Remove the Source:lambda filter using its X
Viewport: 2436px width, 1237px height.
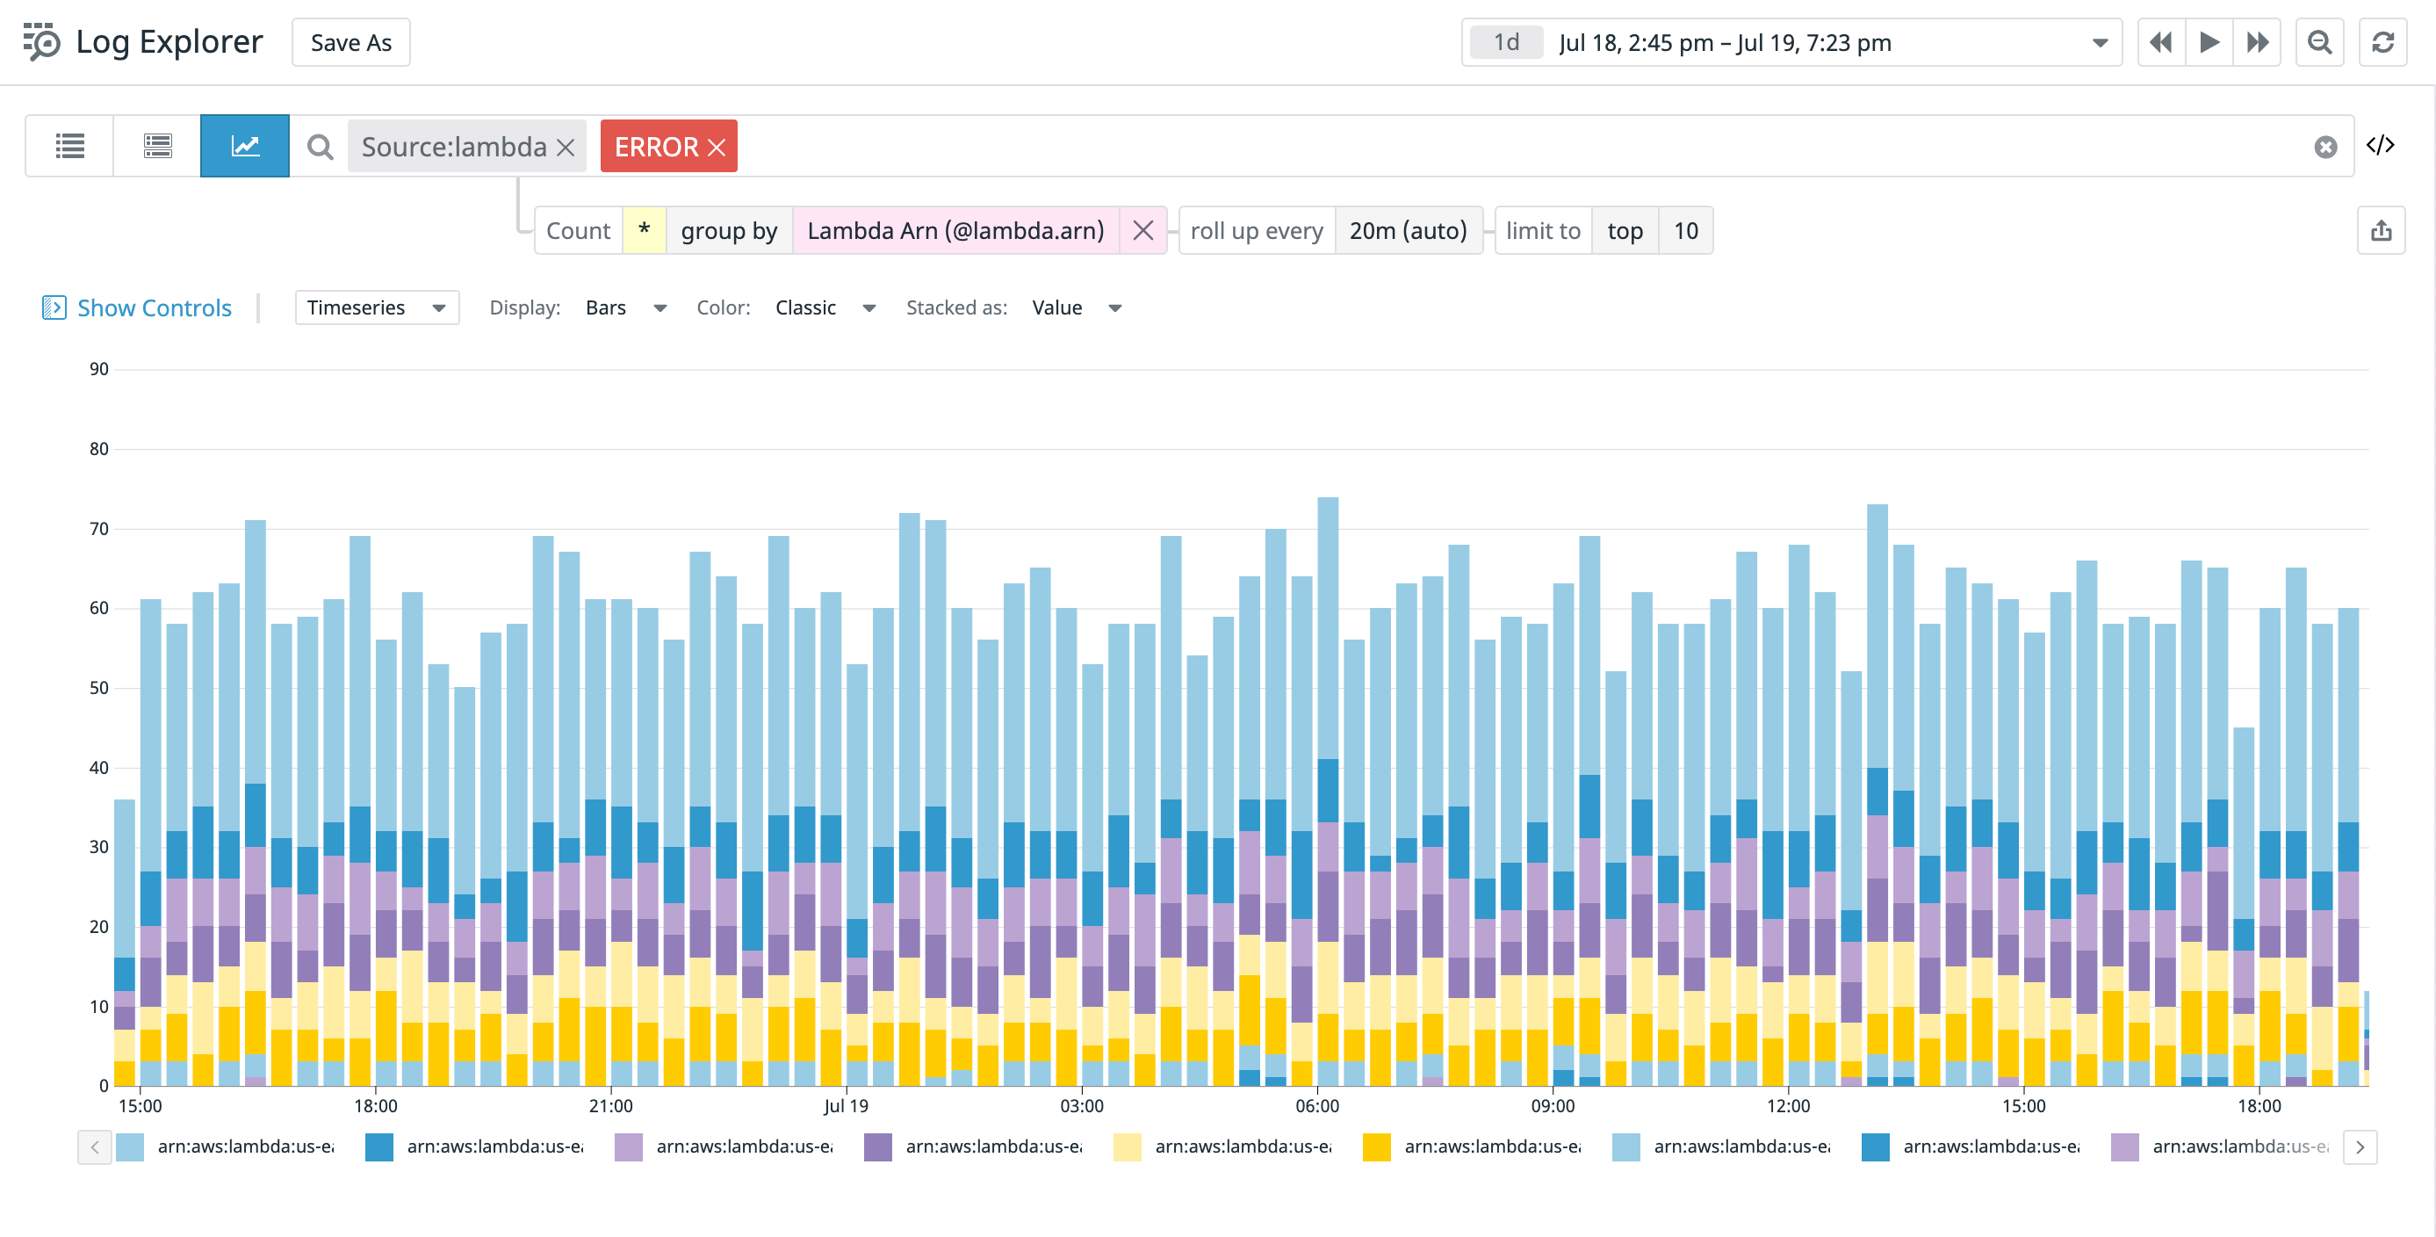pos(566,148)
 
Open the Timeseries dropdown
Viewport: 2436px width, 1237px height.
pos(377,307)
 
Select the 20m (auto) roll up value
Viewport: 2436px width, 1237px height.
pos(1407,231)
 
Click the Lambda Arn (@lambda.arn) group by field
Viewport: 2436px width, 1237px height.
pos(955,231)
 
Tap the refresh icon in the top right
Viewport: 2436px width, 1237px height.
pos(2382,42)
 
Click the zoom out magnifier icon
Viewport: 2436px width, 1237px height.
pos(2318,42)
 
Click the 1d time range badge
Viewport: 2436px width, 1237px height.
pos(1505,42)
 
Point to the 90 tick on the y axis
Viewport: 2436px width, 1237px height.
pos(99,369)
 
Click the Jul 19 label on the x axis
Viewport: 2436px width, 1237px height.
pos(846,1105)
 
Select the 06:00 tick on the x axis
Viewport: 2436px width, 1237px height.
pos(1316,1105)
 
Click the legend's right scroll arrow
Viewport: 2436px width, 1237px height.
pos(2360,1147)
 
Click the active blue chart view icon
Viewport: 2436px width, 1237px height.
pos(245,146)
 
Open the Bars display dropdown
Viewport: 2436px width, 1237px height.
pos(625,307)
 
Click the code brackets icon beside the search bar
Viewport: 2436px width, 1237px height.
pos(2379,145)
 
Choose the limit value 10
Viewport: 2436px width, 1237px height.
pos(1685,231)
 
